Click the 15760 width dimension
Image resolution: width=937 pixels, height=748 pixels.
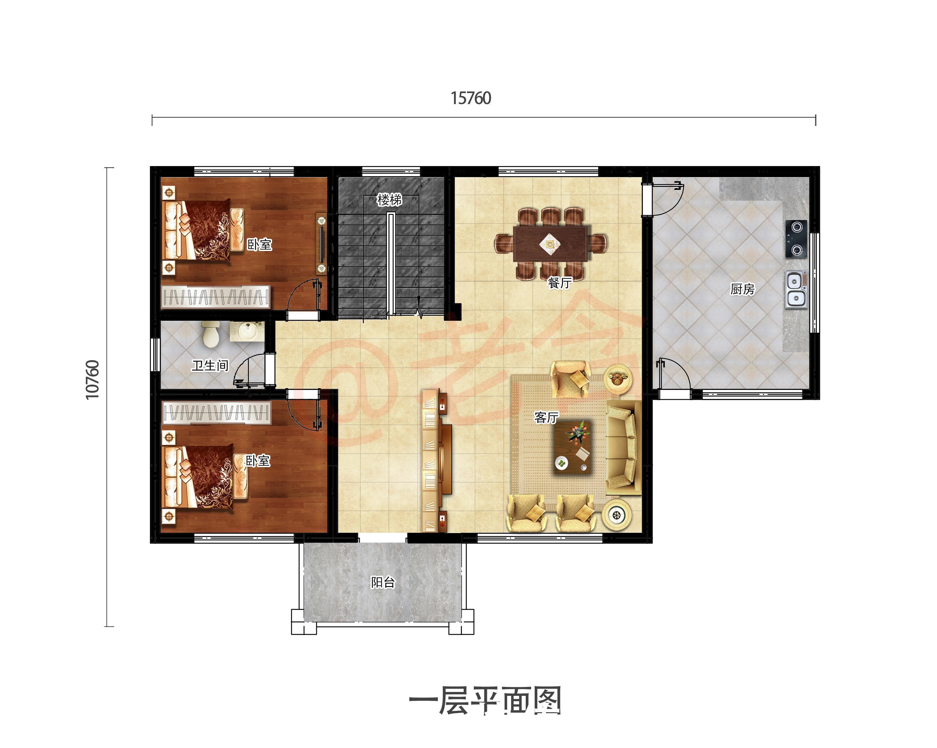471,98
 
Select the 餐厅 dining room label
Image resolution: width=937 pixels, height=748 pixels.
560,283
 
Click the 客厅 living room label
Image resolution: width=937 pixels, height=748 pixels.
546,417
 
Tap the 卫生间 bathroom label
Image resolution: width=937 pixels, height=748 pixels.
210,366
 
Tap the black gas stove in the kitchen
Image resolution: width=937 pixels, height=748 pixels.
796,239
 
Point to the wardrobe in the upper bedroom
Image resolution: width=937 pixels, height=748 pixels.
215,297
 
